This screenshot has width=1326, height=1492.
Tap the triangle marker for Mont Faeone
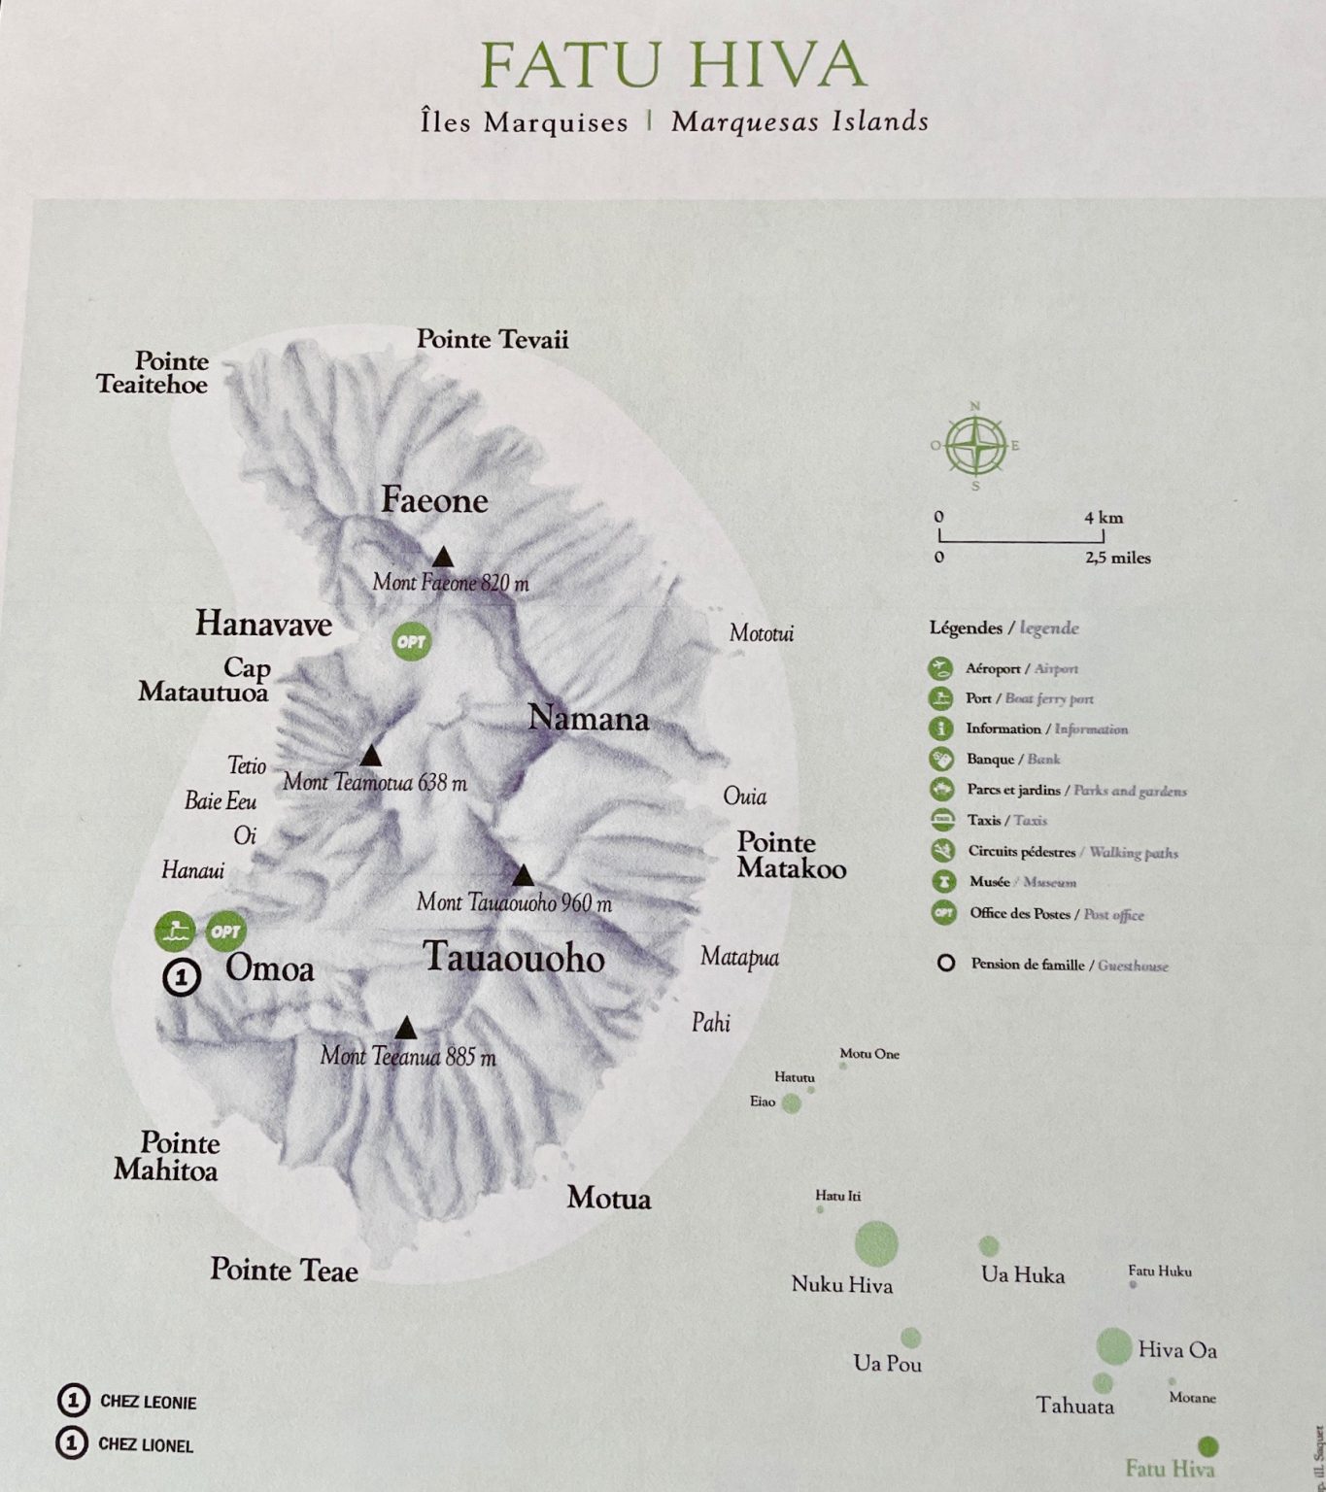[x=443, y=557]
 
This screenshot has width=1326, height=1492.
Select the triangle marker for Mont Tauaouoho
[x=524, y=875]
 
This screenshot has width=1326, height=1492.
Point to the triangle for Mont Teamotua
[x=370, y=757]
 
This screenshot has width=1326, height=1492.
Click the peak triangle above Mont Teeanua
[x=406, y=1029]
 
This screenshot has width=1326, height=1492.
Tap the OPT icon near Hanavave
[x=411, y=641]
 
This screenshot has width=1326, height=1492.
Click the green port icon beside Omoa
[x=175, y=932]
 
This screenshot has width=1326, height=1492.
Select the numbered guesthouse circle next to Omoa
[x=181, y=975]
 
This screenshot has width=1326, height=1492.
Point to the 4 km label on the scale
[x=1104, y=518]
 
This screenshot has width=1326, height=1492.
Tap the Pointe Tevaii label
[x=493, y=339]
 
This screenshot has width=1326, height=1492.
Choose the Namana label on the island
[x=588, y=720]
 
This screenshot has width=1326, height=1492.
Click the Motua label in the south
[x=609, y=1199]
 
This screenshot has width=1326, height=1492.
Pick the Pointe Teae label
[x=285, y=1271]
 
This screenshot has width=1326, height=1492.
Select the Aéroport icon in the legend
[x=940, y=668]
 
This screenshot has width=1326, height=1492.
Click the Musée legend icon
[x=941, y=882]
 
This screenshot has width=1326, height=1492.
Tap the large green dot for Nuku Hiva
[x=876, y=1244]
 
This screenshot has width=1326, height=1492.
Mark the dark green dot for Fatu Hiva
[x=1207, y=1445]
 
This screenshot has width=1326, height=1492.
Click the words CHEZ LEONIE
[x=148, y=1402]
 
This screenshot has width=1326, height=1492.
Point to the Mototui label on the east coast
[x=762, y=633]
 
